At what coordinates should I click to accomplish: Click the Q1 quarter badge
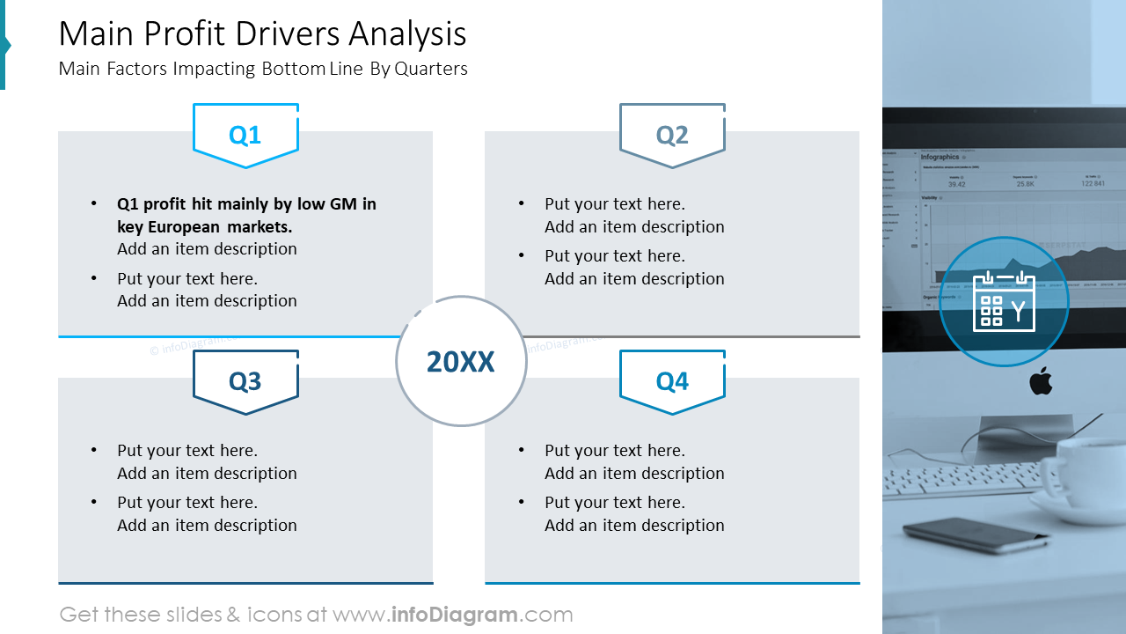(245, 135)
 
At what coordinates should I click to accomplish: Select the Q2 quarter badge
(672, 135)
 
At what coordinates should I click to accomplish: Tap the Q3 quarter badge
(245, 381)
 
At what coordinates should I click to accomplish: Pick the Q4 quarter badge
(672, 381)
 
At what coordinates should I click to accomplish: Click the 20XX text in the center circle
(461, 362)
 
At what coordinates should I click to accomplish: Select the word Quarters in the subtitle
(431, 69)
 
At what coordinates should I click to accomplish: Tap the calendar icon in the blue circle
(1004, 301)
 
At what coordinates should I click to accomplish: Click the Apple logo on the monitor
(1041, 382)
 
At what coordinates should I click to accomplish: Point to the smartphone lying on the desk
(963, 534)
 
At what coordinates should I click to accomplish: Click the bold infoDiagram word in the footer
(452, 615)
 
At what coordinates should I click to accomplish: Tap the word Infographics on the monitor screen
(940, 157)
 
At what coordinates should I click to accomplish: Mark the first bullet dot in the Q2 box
(522, 204)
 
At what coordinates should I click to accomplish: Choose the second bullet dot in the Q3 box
(94, 503)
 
